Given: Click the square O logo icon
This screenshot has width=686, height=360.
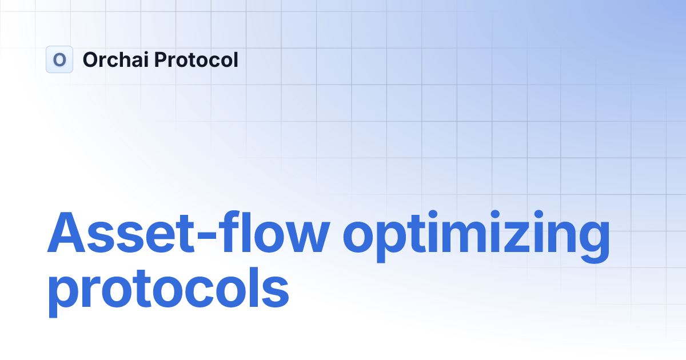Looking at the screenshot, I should pos(59,59).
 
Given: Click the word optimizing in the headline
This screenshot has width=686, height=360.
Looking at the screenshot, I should pos(476,235).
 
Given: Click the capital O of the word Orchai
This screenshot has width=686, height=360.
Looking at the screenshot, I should pos(91,59).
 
